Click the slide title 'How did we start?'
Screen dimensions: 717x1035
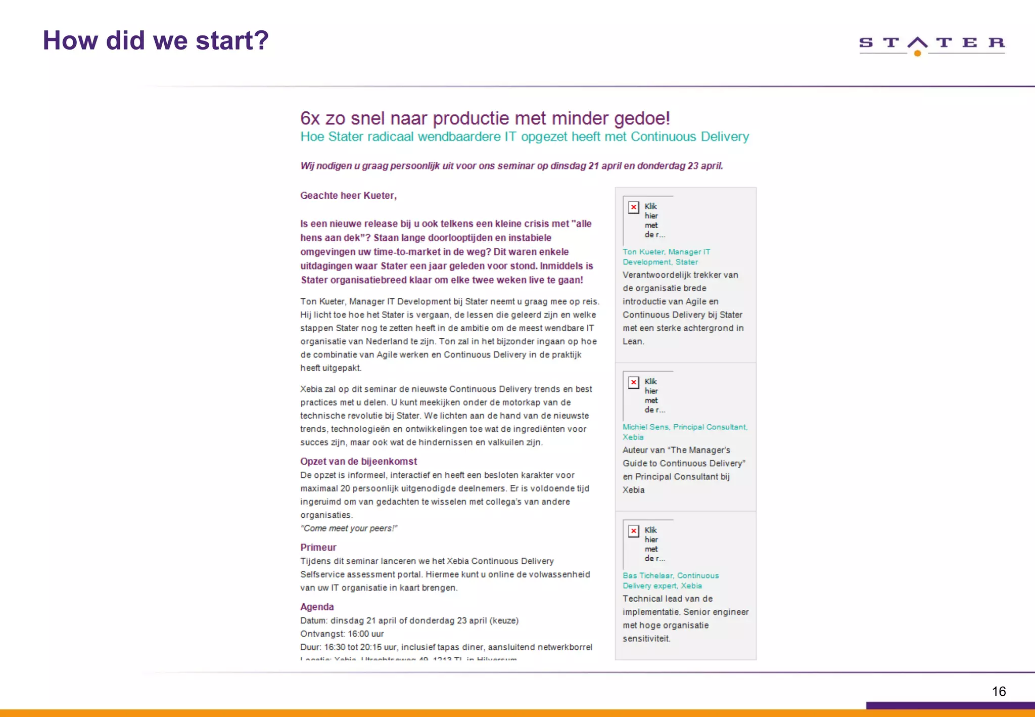[156, 40]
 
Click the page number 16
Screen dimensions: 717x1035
[999, 691]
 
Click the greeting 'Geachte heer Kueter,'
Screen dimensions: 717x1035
[348, 196]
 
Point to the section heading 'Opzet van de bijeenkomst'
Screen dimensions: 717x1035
[358, 461]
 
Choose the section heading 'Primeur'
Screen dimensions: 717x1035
[318, 547]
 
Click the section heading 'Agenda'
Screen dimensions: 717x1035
[317, 607]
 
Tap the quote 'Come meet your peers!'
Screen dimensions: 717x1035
[349, 528]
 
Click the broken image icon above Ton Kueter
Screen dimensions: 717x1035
[633, 207]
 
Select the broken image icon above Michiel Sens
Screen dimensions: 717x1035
[633, 382]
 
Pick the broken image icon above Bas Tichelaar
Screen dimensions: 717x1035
[633, 531]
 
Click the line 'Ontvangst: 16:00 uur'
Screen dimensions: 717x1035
[342, 634]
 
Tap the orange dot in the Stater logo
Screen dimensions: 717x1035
[917, 53]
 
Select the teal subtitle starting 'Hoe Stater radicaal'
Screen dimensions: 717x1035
[524, 137]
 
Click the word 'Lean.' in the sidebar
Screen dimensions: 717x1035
[633, 341]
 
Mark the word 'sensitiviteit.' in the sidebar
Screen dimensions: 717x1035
[646, 639]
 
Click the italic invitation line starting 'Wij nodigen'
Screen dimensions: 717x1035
[511, 166]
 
